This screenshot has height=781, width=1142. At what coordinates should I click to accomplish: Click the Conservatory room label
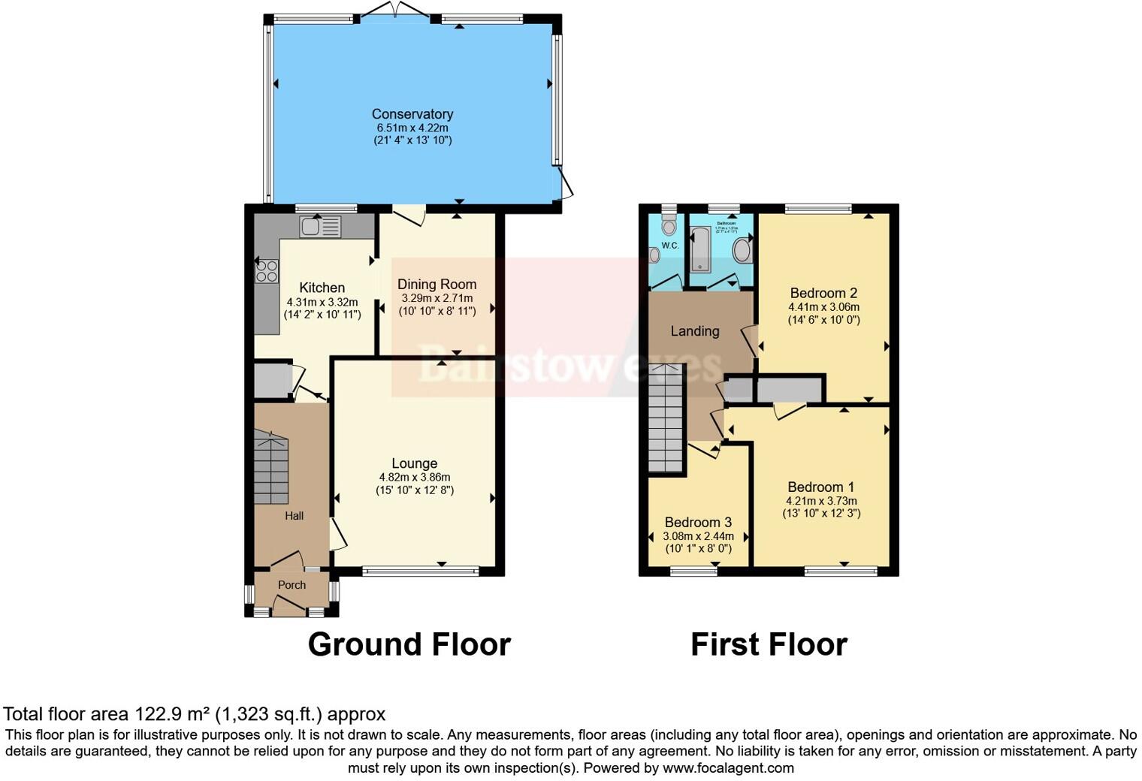(412, 114)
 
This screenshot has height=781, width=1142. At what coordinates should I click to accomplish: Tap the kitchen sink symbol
(320, 226)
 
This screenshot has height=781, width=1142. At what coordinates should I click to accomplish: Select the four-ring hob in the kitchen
(267, 271)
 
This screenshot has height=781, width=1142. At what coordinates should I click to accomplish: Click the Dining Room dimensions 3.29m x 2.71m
(437, 298)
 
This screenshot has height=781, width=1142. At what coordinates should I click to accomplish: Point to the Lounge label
(414, 463)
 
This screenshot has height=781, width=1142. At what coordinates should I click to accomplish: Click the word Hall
(294, 516)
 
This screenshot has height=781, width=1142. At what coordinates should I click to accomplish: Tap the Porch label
(292, 585)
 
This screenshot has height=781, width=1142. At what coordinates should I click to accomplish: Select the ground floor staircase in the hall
(271, 469)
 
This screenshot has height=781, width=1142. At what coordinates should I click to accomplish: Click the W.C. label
(670, 246)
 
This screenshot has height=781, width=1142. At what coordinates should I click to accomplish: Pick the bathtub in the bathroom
(701, 249)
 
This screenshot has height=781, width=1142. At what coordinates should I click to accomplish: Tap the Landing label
(694, 331)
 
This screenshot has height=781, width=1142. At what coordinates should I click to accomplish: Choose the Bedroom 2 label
(823, 293)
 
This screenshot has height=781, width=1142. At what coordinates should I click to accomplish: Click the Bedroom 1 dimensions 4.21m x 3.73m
(821, 501)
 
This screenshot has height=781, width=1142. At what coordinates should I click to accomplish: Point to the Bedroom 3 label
(698, 522)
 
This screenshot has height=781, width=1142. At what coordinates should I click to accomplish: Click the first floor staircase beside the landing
(666, 421)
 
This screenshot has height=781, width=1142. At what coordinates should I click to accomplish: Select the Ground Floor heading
(409, 644)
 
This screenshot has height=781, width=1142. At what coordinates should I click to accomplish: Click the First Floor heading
(769, 644)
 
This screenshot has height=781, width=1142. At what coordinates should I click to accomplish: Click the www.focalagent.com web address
(727, 767)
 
